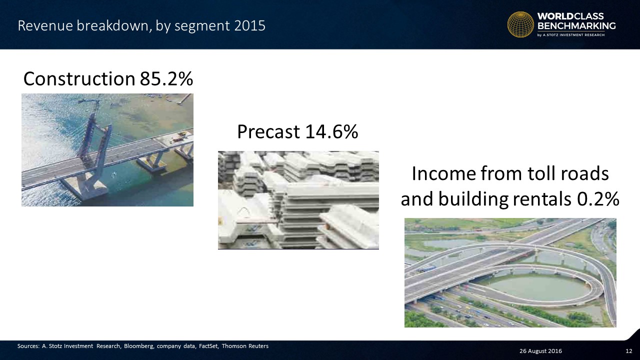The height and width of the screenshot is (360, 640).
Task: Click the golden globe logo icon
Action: [520, 24]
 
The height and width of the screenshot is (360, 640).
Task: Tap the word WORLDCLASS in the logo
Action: [570, 16]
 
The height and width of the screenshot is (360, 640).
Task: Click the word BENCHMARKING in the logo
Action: [576, 26]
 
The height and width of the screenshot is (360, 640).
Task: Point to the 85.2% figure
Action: [166, 78]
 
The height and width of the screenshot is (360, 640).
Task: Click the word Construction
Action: [79, 78]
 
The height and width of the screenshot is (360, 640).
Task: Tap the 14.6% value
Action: [331, 131]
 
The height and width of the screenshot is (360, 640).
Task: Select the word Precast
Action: [268, 131]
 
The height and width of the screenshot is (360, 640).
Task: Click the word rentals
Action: [542, 199]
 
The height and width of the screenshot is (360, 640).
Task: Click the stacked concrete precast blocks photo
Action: [298, 200]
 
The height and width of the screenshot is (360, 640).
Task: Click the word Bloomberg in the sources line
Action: [139, 346]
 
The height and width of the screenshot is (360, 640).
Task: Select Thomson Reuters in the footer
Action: [245, 346]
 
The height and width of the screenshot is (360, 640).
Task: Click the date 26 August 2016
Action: [540, 351]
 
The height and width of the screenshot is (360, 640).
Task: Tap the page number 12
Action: [629, 351]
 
